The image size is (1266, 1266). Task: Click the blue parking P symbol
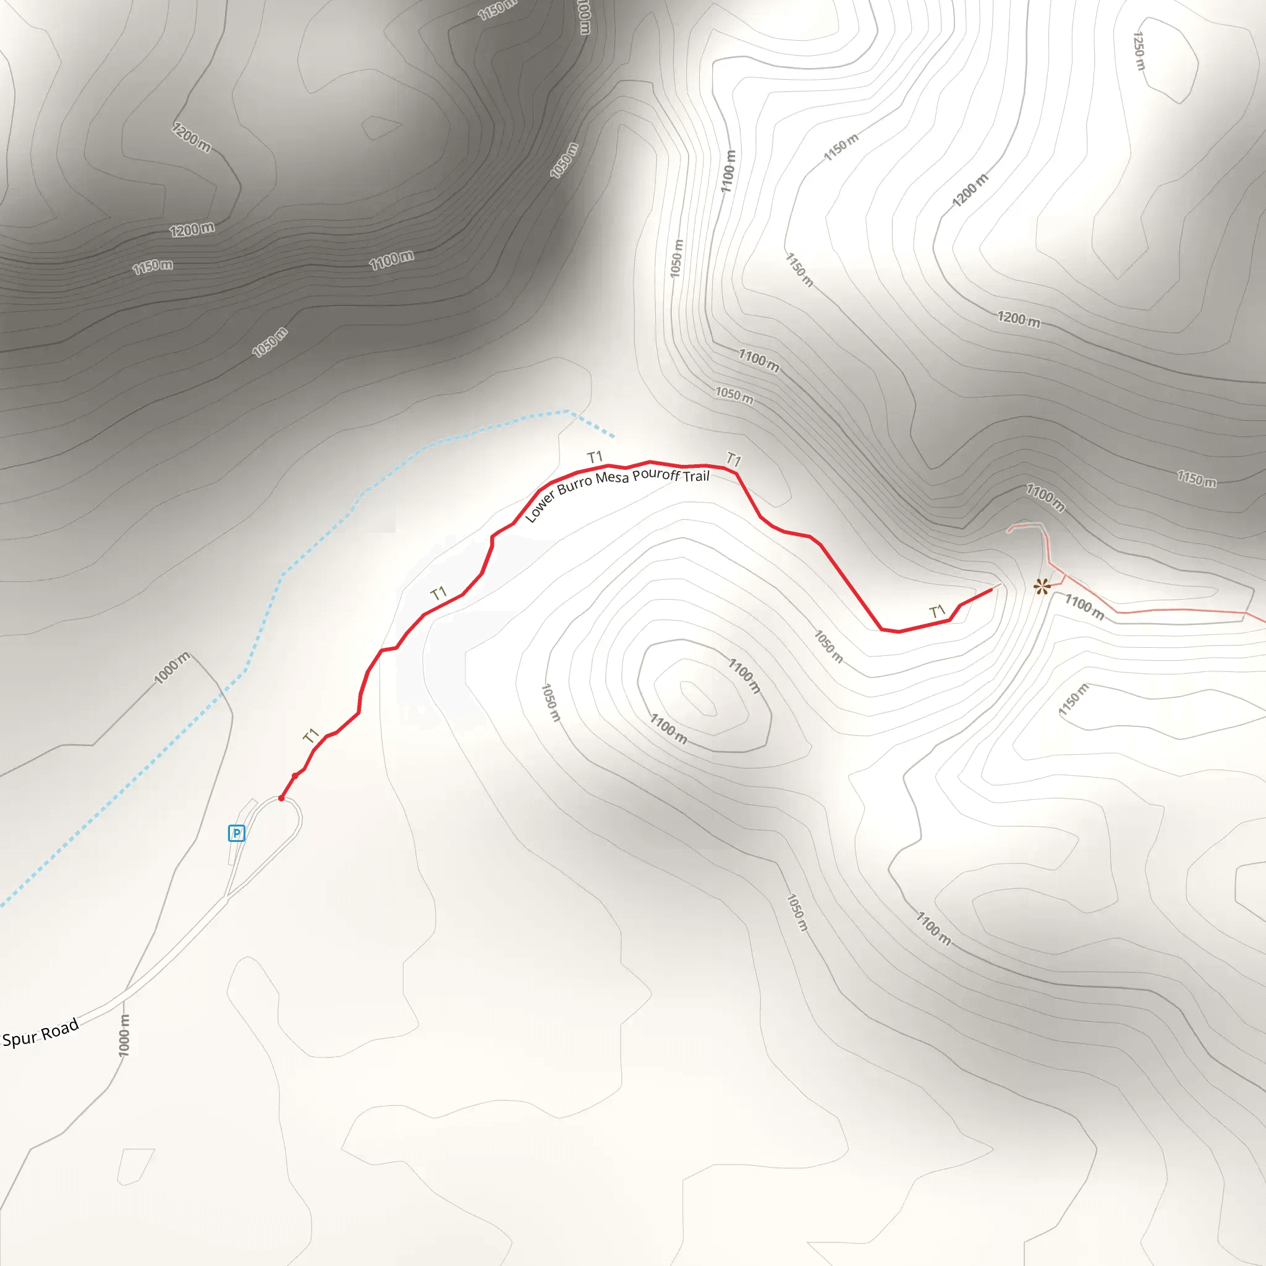[236, 833]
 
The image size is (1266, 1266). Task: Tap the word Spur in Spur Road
[20, 1038]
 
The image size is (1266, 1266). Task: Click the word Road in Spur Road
[61, 1029]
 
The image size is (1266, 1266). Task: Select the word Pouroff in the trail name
[655, 474]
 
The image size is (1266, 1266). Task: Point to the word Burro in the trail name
[574, 488]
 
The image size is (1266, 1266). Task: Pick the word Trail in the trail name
[696, 477]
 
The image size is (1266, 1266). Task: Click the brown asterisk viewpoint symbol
[1041, 587]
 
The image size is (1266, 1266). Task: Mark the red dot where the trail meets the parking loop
[281, 798]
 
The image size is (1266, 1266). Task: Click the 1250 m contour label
[1139, 51]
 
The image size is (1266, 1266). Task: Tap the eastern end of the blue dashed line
[613, 436]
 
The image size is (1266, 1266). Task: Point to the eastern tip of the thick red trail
[991, 590]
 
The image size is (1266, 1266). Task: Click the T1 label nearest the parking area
[310, 735]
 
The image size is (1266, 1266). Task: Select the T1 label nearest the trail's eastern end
[938, 612]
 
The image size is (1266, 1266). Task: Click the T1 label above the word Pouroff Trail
[733, 459]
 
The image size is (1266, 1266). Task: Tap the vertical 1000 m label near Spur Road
[124, 1035]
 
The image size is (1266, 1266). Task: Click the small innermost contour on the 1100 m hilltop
[698, 698]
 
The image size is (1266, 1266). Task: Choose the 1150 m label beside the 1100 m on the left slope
[153, 266]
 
